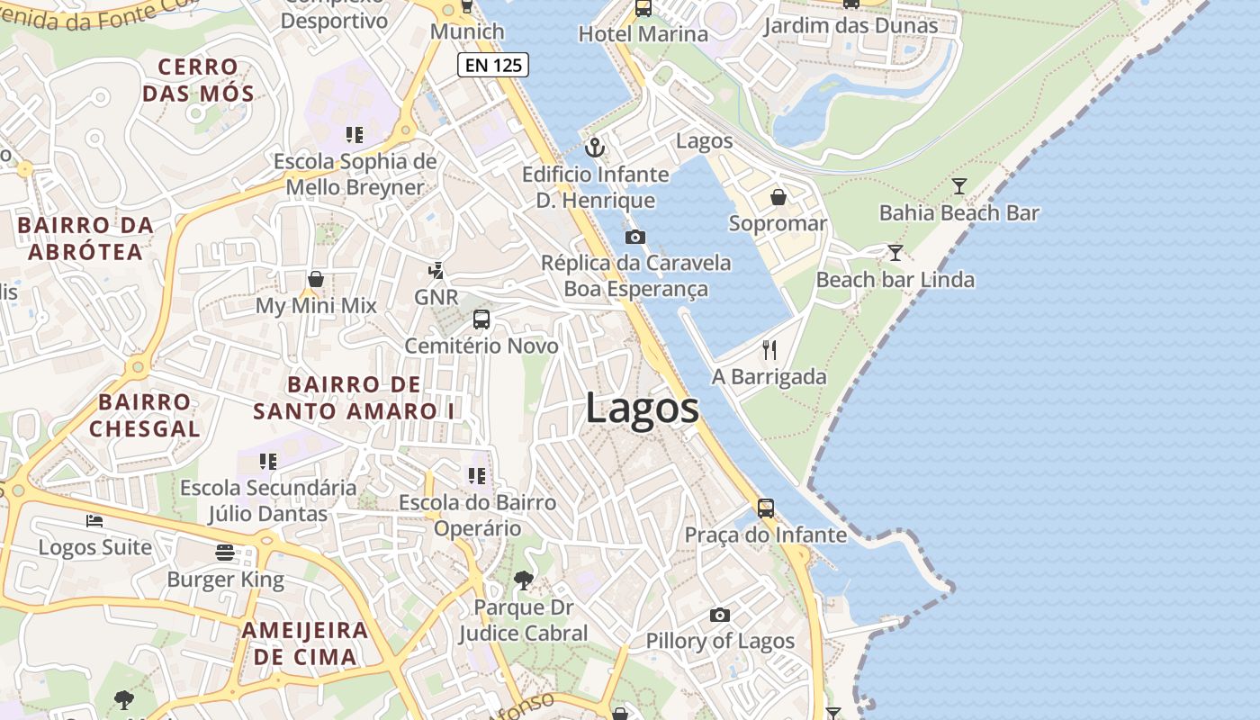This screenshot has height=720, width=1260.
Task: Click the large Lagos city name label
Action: tap(642, 408)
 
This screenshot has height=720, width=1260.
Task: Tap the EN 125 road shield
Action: tap(492, 65)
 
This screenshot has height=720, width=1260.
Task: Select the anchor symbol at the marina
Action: tap(595, 148)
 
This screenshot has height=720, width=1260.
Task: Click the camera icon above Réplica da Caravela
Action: tap(634, 238)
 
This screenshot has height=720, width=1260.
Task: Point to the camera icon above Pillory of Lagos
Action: tap(719, 616)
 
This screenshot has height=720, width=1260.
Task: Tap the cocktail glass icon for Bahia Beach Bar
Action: tap(959, 186)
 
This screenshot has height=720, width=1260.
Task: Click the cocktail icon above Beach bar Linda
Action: tap(895, 253)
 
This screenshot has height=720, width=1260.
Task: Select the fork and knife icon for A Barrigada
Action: tap(769, 350)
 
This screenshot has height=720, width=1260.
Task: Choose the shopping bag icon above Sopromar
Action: tap(778, 197)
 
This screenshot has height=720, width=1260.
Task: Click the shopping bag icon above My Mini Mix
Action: tap(315, 279)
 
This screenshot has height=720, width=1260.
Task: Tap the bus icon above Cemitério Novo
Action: tap(481, 319)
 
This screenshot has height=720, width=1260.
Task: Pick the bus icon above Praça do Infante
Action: tap(765, 508)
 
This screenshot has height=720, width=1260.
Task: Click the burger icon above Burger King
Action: tap(225, 553)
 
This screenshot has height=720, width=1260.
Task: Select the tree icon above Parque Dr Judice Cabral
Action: tap(523, 580)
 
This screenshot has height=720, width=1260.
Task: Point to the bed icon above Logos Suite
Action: tap(94, 521)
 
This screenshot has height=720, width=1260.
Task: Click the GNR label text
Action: tap(436, 297)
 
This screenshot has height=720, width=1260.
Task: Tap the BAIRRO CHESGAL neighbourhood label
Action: tap(144, 415)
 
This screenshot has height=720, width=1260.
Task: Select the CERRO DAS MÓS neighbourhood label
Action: tap(198, 80)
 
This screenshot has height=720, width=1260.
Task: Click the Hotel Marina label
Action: tap(643, 34)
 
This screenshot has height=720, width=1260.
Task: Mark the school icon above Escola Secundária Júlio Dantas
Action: tap(267, 462)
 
